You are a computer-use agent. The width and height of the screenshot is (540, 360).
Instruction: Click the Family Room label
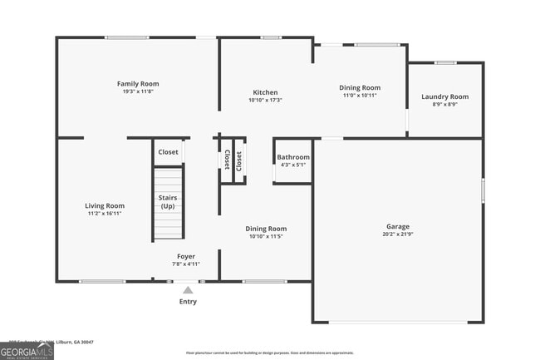click(138, 84)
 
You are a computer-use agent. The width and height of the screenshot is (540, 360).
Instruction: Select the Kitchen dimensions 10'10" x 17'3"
click(266, 100)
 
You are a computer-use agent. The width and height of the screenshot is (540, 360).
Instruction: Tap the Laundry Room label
click(444, 96)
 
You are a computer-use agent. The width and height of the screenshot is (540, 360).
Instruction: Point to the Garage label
click(398, 226)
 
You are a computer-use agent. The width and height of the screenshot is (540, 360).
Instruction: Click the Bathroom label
click(293, 157)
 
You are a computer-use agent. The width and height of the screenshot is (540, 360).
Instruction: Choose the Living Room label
click(105, 205)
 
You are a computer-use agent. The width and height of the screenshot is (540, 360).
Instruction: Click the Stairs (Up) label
click(168, 202)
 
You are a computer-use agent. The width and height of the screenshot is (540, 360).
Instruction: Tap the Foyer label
click(186, 256)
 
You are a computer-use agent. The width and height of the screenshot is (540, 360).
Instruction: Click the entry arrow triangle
click(189, 290)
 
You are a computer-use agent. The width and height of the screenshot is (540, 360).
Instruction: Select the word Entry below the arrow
click(189, 302)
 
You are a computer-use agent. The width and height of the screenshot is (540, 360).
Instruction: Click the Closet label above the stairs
click(168, 152)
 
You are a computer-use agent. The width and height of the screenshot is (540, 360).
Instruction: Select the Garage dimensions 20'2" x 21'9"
click(398, 234)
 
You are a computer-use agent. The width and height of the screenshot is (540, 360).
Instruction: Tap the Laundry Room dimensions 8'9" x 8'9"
click(444, 105)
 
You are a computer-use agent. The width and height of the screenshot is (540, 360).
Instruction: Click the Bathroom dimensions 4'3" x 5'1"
click(293, 165)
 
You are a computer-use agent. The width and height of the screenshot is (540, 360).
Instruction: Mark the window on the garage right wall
click(483, 190)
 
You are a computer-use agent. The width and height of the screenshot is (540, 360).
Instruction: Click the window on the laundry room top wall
click(445, 62)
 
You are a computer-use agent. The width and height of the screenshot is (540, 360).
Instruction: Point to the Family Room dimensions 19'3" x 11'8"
click(138, 92)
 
